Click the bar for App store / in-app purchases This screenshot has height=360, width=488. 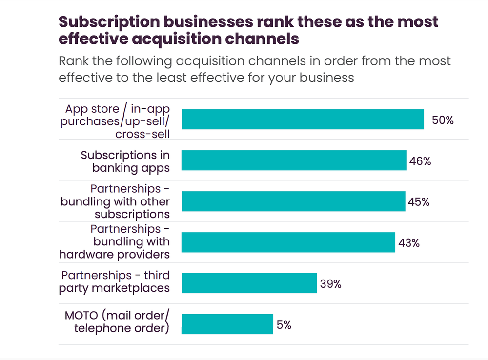(x=303, y=119)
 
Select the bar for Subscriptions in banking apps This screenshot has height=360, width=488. (x=294, y=160)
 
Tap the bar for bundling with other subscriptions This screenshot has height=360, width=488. (x=293, y=201)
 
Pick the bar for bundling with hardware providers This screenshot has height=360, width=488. (x=288, y=242)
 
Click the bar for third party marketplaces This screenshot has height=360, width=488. (x=249, y=283)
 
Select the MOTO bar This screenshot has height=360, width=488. (x=227, y=324)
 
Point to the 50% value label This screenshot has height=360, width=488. (x=443, y=120)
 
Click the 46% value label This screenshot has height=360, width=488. (x=420, y=161)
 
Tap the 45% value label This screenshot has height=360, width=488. (x=419, y=202)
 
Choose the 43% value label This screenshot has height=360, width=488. (x=409, y=243)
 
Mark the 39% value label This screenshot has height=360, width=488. (x=330, y=283)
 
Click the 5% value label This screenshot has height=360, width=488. (x=284, y=324)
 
